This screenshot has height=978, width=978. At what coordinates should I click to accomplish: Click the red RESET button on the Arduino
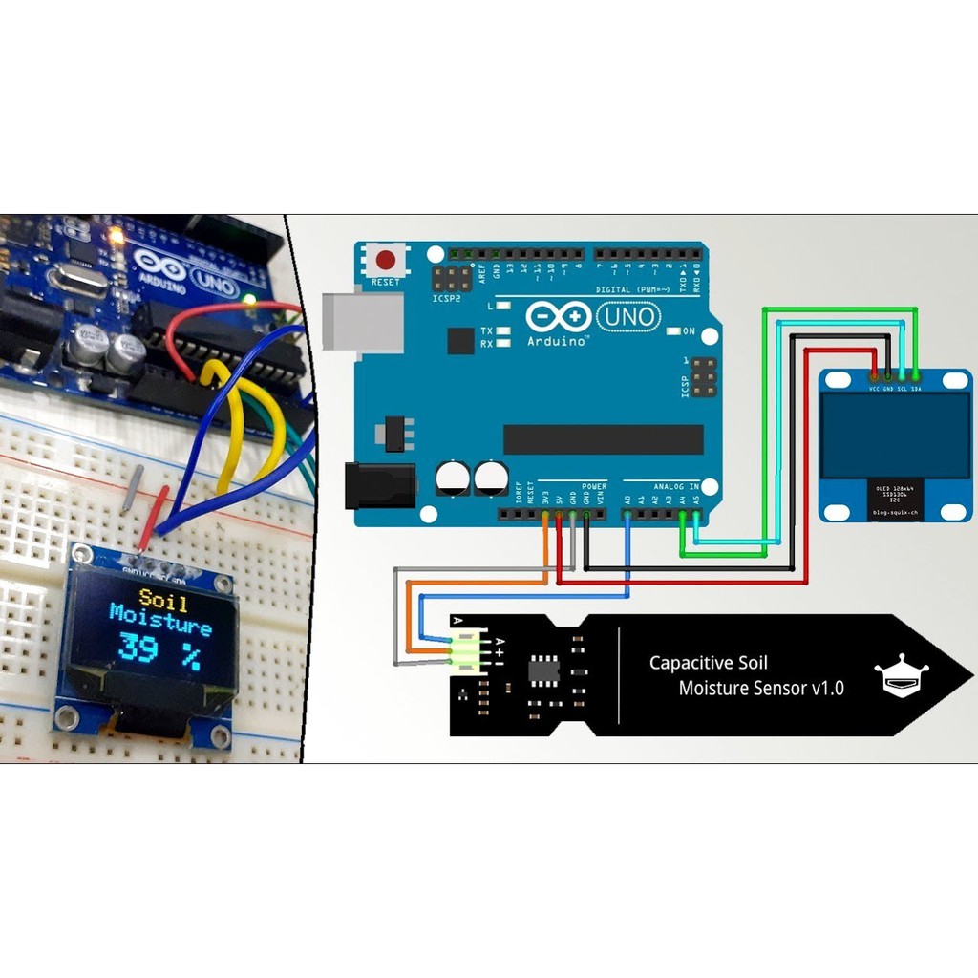tap(386, 261)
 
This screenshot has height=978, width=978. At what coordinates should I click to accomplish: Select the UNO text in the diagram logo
tap(627, 316)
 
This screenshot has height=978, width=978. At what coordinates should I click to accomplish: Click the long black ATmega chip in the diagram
tap(603, 439)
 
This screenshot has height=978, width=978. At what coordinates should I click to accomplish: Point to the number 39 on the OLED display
tap(138, 649)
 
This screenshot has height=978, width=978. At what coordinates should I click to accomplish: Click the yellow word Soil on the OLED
tap(163, 600)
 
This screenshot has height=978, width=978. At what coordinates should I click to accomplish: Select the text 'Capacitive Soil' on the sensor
tap(708, 663)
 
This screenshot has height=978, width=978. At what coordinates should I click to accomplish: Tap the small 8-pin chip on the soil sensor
tap(544, 670)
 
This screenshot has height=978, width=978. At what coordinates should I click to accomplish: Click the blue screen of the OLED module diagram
tap(895, 436)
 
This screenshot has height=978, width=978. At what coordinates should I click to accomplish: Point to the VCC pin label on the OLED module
tap(874, 390)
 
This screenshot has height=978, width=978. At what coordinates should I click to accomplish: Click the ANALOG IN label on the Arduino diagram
tap(677, 486)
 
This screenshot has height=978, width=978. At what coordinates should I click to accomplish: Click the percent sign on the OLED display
tap(192, 655)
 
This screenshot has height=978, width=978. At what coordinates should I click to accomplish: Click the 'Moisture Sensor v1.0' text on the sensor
tap(761, 688)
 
